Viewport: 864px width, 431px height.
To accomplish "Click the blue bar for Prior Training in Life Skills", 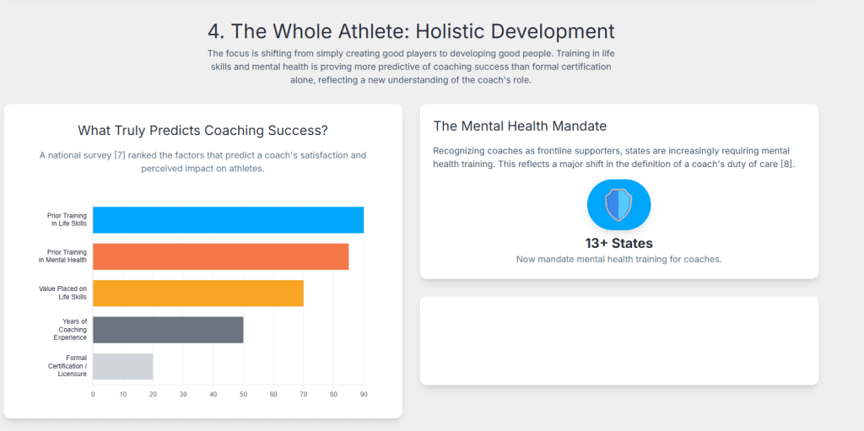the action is point(228,220).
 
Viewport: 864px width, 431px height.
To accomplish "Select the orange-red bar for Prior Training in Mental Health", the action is point(220,256).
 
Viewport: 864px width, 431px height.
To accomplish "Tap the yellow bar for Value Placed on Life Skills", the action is point(197,294).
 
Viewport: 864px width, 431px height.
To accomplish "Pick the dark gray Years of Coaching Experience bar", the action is point(168,330).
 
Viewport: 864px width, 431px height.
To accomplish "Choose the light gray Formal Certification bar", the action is point(123,366).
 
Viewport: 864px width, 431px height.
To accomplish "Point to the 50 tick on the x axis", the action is point(243,395).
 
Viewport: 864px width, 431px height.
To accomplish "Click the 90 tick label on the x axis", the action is point(364,395).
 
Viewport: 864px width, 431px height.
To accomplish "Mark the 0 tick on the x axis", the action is point(93,395).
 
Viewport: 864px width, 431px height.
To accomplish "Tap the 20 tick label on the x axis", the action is point(153,395).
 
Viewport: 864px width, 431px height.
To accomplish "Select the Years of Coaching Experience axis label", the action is point(70,329).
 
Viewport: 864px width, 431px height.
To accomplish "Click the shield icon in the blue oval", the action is point(618,204).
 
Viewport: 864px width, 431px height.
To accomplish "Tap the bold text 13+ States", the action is point(618,243).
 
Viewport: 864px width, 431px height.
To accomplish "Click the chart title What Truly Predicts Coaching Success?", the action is point(202,131).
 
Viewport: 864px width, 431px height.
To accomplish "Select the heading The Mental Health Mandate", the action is point(520,127).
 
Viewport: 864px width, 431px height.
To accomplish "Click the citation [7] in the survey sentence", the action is point(120,155).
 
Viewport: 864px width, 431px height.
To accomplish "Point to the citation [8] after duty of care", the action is point(788,164).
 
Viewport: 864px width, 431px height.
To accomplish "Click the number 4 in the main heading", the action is point(215,31).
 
